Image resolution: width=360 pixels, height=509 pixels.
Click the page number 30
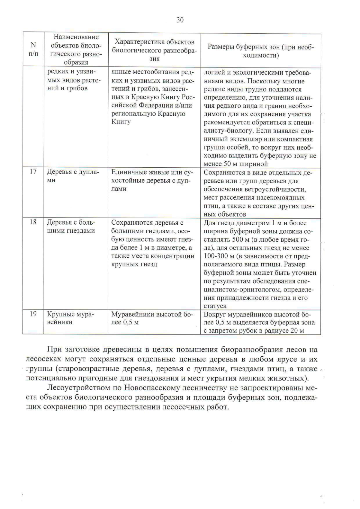click(x=180, y=20)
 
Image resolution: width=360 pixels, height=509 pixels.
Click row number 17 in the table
click(x=33, y=171)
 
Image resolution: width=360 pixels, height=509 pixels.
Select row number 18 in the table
click(x=33, y=222)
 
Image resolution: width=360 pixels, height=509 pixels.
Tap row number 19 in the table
click(x=33, y=314)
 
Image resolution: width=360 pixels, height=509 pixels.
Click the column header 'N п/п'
click(x=34, y=49)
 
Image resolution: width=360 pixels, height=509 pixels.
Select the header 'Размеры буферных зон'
click(x=260, y=51)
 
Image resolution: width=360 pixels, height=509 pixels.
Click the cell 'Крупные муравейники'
click(x=70, y=318)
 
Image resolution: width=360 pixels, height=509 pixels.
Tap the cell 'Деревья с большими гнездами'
click(x=71, y=226)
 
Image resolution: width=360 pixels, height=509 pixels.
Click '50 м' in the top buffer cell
click(x=231, y=164)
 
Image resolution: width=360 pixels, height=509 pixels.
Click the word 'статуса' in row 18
click(x=215, y=306)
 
